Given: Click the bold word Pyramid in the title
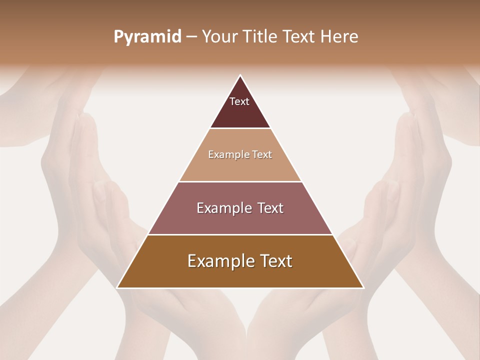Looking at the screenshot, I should tap(147, 37).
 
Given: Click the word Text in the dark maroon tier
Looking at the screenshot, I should tap(239, 101).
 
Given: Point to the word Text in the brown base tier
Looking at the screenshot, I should tap(276, 261).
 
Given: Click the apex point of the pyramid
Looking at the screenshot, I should tap(240, 75).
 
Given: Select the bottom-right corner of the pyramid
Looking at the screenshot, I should tap(363, 287).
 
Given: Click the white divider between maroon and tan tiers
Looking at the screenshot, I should tap(240, 128).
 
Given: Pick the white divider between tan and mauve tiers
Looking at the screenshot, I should tap(240, 181).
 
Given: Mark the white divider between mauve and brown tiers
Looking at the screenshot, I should tap(240, 234).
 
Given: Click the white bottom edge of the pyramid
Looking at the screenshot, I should tap(240, 288).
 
